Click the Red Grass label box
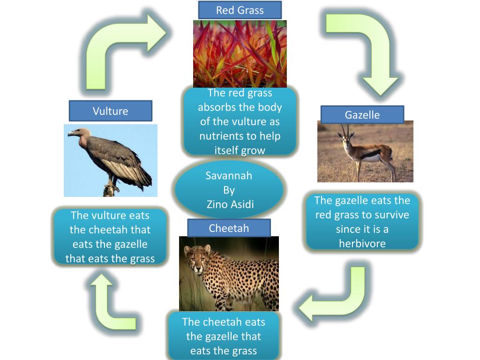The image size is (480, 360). [x=240, y=10]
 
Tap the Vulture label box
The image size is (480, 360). [x=110, y=111]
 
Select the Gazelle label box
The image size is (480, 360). [x=362, y=115]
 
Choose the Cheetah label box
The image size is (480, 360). [x=229, y=228]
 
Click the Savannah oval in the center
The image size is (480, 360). [x=229, y=189]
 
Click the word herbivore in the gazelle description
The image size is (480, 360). [x=362, y=244]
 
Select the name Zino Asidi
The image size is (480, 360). [x=229, y=204]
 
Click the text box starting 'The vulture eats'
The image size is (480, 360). [x=110, y=237]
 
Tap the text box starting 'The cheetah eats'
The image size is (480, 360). [x=224, y=336]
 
